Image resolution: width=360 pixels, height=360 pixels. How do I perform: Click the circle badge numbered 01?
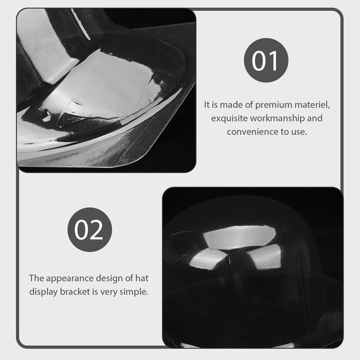tap(266, 60)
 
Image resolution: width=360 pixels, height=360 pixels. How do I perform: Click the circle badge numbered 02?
tap(90, 229)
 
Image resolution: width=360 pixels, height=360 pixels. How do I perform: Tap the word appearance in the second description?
tap(69, 278)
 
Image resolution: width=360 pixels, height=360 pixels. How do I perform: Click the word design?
tap(109, 278)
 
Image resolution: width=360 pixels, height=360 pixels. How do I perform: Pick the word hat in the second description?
tap(142, 278)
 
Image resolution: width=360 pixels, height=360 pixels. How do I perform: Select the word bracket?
tap(75, 292)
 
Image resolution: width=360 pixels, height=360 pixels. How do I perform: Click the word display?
tap(44, 292)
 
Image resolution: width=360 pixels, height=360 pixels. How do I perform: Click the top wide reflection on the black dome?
tap(240, 237)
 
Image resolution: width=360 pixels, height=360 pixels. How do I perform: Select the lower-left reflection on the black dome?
tap(208, 259)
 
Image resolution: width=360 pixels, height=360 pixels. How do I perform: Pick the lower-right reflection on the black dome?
tap(265, 256)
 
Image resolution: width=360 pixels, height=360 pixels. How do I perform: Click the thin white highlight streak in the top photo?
tap(80, 24)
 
